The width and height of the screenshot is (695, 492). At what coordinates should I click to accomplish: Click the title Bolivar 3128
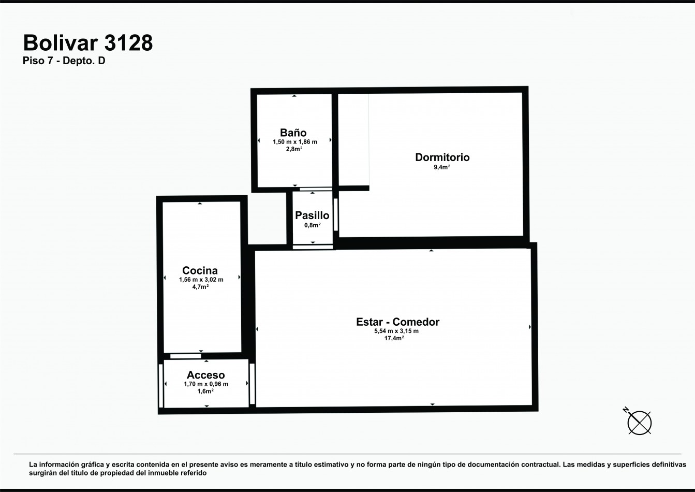88,43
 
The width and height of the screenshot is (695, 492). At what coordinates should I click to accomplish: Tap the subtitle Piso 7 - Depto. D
64,61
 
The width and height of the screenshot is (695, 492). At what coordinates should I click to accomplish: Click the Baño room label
293,133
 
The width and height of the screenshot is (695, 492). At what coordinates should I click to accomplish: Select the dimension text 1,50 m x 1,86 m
295,142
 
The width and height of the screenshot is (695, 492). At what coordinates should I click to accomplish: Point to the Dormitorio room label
442,157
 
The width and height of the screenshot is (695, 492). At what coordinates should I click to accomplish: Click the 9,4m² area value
442,167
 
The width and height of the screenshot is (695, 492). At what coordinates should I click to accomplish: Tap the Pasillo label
312,215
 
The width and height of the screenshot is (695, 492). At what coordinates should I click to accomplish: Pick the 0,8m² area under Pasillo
313,225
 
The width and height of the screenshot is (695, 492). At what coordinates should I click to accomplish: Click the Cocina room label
200,270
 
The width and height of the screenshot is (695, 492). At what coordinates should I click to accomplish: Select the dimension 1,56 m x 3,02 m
201,280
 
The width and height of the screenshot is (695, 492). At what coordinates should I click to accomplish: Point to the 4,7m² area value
200,287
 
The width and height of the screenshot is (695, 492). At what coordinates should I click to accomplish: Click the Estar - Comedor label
398,322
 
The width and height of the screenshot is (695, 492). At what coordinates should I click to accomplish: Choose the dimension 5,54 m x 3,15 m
396,331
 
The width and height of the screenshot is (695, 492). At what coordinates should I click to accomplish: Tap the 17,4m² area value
394,338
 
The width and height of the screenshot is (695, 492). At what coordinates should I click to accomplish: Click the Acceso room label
206,375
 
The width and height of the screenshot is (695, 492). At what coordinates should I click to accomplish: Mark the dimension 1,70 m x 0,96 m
206,384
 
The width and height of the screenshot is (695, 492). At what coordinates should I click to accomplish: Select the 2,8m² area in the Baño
294,149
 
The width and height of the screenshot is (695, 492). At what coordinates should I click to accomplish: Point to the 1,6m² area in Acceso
205,391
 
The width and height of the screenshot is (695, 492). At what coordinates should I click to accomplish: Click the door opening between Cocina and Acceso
186,356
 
